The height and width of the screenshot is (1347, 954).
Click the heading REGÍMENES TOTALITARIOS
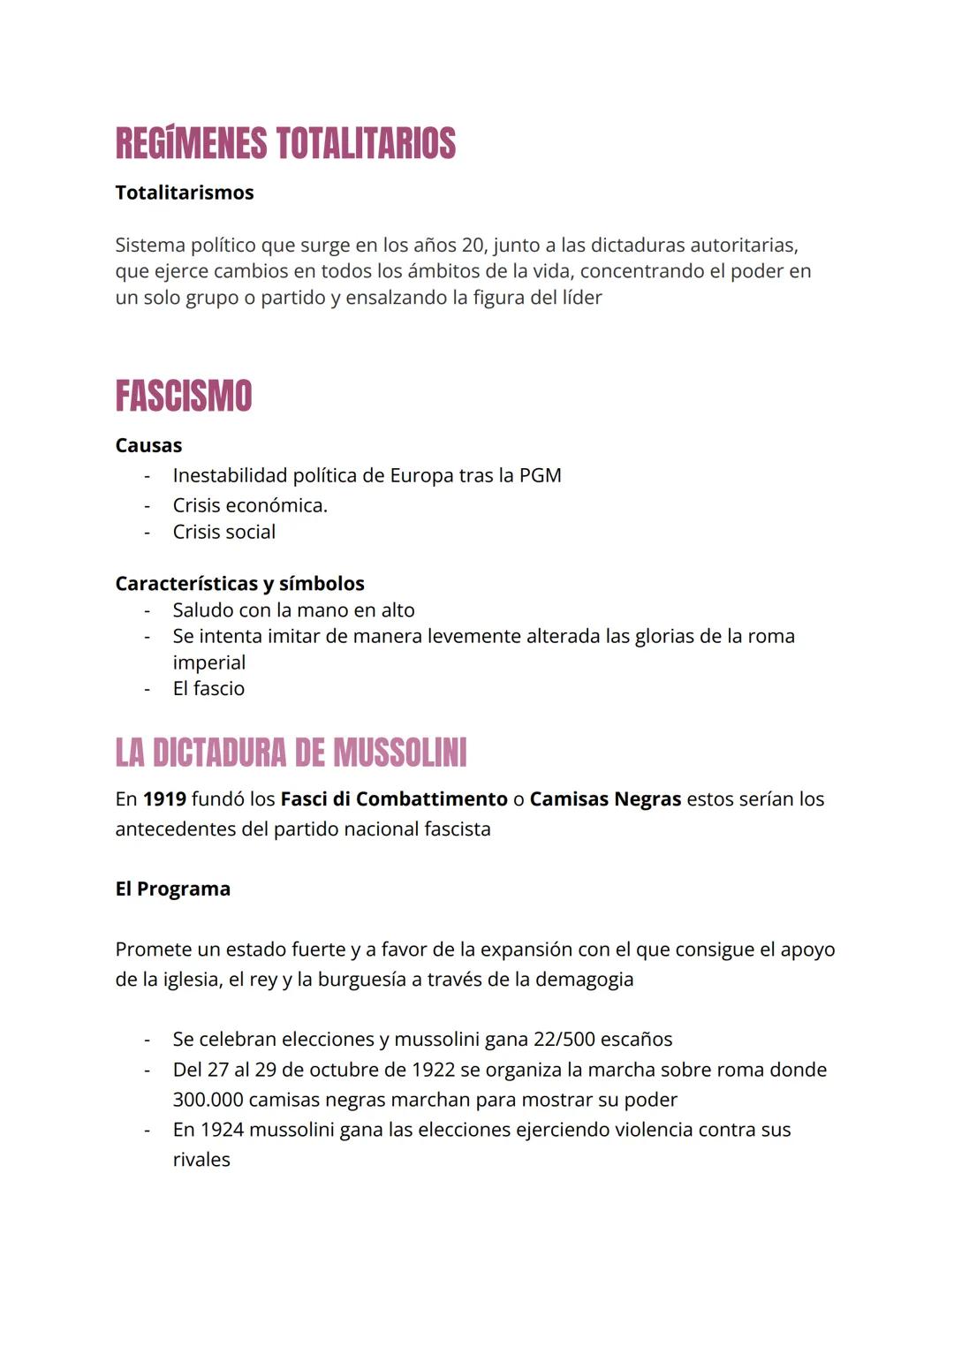click(285, 144)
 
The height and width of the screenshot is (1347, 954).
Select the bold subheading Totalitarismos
click(185, 193)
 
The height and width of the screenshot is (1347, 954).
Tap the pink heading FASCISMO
click(184, 396)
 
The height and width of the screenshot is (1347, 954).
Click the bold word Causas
click(148, 445)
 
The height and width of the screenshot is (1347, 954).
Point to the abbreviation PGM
click(540, 476)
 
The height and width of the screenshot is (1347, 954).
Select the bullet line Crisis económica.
click(250, 505)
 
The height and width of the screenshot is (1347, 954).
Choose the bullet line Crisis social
click(224, 532)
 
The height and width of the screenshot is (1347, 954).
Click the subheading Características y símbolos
click(239, 584)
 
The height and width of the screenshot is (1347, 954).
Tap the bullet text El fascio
click(208, 689)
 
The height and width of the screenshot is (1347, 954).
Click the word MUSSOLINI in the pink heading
click(399, 753)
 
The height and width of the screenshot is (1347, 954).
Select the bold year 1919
click(164, 799)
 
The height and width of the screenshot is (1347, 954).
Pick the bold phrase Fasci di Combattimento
click(394, 799)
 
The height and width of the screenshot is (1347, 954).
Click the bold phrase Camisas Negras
click(605, 799)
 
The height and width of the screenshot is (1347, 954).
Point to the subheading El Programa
click(173, 889)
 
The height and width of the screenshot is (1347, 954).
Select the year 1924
click(222, 1131)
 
